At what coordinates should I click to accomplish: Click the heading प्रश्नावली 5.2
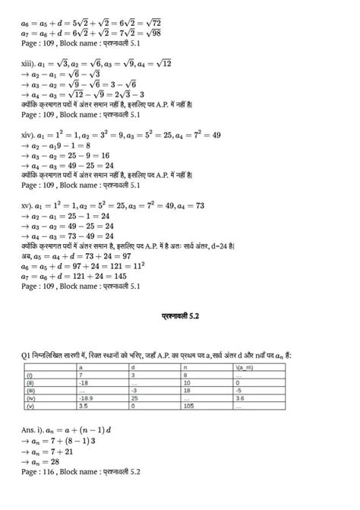[179, 315]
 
